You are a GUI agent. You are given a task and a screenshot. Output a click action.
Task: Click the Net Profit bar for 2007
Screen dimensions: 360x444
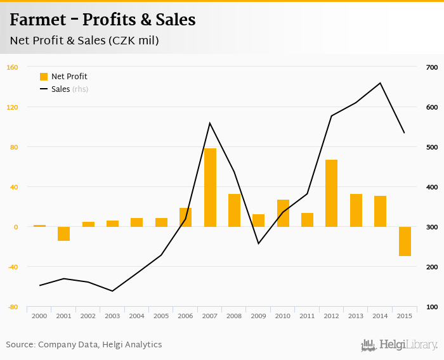click(x=210, y=188)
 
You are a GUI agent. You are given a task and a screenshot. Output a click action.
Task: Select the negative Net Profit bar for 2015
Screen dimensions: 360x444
click(x=405, y=241)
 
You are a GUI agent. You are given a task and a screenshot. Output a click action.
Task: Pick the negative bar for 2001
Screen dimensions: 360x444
click(x=63, y=234)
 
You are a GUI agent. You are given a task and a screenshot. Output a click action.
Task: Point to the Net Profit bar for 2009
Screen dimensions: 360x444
click(x=258, y=221)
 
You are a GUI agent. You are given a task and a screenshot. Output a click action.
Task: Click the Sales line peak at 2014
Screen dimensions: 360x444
click(x=380, y=83)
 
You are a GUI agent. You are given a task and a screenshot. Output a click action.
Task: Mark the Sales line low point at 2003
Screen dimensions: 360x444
click(x=112, y=291)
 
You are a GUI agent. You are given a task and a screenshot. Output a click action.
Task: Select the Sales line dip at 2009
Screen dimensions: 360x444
click(x=258, y=243)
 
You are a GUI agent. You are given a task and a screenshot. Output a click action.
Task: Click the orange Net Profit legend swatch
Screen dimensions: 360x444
click(x=44, y=77)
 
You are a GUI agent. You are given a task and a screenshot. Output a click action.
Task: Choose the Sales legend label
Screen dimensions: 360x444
click(x=60, y=89)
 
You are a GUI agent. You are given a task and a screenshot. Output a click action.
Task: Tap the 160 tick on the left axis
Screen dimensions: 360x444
click(x=12, y=67)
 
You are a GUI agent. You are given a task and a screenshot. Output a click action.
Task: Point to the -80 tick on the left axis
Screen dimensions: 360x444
click(x=12, y=307)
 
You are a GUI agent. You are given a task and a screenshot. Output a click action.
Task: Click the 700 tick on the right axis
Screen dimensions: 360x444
click(x=432, y=67)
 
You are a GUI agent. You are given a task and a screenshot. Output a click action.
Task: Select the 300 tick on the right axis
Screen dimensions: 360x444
click(x=432, y=227)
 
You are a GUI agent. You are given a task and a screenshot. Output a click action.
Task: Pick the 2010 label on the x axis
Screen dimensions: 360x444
click(x=282, y=316)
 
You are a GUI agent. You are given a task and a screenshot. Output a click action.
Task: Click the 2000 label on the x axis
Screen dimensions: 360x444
click(x=39, y=316)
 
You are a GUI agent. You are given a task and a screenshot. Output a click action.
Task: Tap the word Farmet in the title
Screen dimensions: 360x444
click(x=39, y=20)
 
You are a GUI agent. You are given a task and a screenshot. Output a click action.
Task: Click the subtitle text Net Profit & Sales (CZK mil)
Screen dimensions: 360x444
click(x=84, y=41)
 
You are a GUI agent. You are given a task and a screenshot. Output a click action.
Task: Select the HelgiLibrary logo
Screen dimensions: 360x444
click(x=399, y=345)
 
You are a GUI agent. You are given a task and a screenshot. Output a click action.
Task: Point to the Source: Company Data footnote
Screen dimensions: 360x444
click(x=84, y=345)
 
